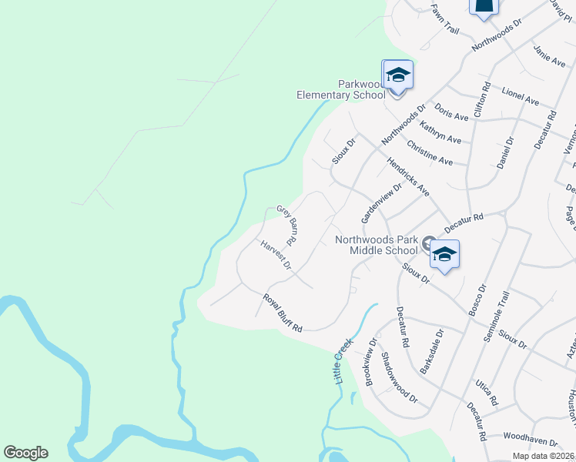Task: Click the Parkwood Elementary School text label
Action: [341, 89]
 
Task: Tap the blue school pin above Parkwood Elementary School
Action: [398, 75]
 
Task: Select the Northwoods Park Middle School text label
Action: [377, 245]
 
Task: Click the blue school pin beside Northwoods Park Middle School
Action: [444, 255]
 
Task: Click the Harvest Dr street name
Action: [276, 256]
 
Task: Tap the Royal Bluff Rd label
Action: [282, 313]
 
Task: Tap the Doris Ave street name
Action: [451, 112]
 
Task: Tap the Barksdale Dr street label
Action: [433, 352]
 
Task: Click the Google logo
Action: [25, 453]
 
